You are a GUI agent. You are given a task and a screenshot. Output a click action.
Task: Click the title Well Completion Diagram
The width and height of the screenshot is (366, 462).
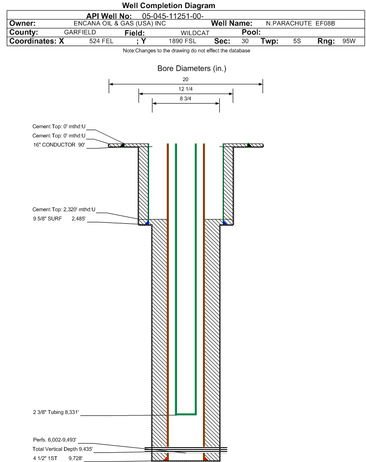tap(168, 6)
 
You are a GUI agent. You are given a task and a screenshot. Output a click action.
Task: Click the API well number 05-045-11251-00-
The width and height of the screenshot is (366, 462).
tap(173, 16)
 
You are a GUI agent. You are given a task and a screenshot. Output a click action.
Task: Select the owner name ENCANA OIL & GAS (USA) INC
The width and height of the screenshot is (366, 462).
tap(120, 24)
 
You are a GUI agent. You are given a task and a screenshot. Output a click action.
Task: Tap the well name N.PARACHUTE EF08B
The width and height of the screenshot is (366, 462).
tap(301, 24)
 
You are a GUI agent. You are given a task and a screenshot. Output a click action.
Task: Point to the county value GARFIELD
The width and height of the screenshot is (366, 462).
tap(80, 32)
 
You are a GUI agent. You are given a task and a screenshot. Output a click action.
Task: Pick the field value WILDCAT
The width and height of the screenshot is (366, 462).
tap(195, 33)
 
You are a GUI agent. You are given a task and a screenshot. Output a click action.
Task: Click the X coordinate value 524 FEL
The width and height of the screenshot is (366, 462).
tap(101, 41)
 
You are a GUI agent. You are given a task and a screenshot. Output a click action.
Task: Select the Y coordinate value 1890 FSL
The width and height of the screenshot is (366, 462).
tap(182, 41)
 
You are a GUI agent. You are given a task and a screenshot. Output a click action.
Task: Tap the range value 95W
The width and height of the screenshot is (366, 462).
tap(349, 41)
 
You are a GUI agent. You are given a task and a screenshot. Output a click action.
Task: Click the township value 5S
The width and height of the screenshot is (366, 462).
tap(297, 41)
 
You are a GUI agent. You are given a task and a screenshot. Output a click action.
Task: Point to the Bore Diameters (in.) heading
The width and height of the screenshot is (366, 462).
tap(192, 69)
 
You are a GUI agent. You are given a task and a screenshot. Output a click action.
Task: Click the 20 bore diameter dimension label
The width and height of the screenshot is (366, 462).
tap(185, 79)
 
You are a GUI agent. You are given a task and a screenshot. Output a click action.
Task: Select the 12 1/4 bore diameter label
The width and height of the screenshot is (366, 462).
tap(185, 89)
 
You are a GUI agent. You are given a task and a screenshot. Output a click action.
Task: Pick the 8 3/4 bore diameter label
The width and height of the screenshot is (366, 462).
tap(185, 99)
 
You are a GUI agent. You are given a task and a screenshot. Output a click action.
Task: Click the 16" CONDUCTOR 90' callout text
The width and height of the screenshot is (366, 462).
tap(59, 145)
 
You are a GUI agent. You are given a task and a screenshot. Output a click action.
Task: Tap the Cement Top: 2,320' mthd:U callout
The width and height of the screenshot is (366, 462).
tap(64, 209)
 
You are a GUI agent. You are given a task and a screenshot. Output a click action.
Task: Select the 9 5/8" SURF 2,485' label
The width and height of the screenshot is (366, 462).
tap(59, 219)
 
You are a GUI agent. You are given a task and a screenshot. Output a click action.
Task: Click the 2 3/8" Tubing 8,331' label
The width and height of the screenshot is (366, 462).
tap(56, 412)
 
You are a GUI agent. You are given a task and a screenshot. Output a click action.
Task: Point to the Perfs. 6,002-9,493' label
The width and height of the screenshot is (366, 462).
tap(55, 440)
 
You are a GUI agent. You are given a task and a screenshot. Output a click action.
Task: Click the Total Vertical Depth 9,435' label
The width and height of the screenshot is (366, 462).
tap(63, 449)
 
